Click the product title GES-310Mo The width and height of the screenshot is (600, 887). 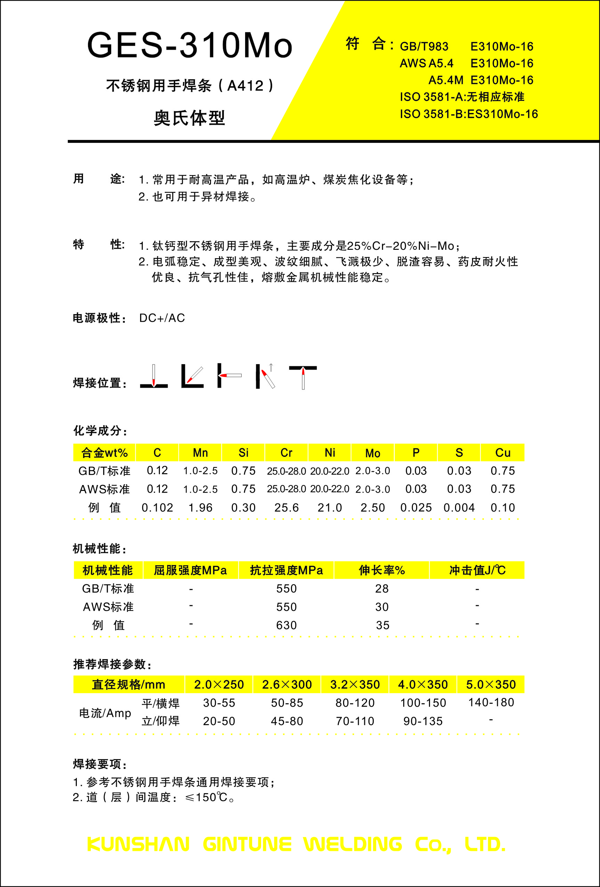190,46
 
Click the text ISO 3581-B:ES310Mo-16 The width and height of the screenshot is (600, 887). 469,114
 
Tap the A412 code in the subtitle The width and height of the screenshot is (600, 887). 245,86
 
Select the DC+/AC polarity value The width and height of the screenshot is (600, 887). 162,318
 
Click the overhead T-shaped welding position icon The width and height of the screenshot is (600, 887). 303,376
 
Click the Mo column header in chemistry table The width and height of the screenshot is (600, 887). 372,453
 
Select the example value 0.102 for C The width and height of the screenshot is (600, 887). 157,508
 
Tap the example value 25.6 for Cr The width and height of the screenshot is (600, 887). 286,508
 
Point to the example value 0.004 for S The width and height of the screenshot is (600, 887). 459,508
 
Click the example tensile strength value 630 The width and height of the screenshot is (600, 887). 286,625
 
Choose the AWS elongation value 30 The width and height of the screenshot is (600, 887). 382,607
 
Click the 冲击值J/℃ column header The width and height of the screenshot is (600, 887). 477,570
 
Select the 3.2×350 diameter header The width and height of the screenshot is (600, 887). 355,684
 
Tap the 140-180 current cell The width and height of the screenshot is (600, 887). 491,702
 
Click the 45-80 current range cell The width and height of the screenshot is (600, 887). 287,721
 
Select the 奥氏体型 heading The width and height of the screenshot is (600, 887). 189,118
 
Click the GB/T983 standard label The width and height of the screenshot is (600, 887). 424,47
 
